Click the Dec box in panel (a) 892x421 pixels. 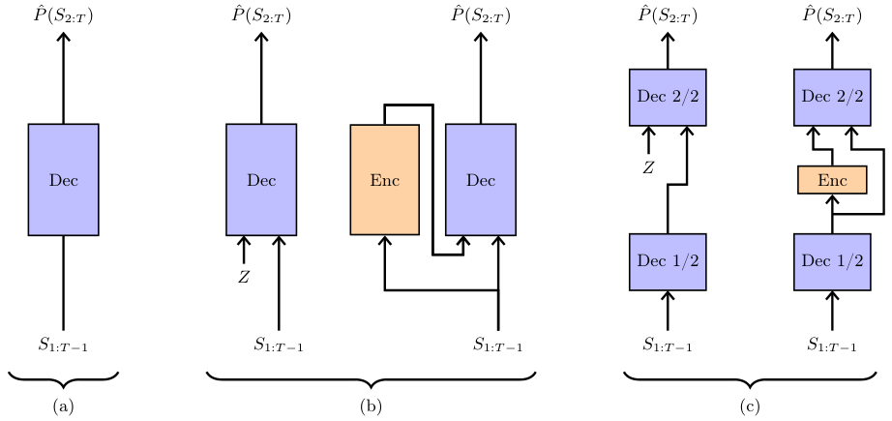[63, 179]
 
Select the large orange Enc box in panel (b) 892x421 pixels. [384, 179]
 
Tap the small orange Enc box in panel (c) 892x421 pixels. [832, 180]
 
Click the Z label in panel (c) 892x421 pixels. [649, 167]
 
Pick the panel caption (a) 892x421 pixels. [64, 407]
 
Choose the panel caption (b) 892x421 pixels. [371, 407]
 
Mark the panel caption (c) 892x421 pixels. [751, 407]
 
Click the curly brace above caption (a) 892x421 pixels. [64, 376]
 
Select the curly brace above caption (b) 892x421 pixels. [371, 376]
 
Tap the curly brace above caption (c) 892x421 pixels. [751, 376]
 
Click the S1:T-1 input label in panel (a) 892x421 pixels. [64, 344]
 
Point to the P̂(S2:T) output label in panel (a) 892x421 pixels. [64, 15]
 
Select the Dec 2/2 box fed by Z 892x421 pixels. [668, 97]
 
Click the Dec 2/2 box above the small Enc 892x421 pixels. [832, 97]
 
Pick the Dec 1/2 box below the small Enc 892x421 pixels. [832, 261]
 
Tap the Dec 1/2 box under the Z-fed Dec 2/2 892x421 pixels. [668, 261]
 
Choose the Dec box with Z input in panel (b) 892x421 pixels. [261, 179]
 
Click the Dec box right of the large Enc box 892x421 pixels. [481, 179]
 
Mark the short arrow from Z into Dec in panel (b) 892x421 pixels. [244, 250]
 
